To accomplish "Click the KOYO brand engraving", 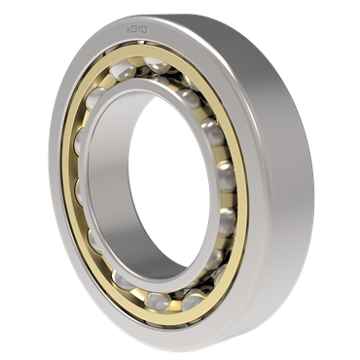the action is click(136, 30).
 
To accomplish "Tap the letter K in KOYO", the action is click(128, 30).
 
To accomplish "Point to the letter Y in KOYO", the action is click(139, 30).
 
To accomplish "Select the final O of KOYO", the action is click(145, 30).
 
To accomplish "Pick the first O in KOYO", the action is click(134, 30).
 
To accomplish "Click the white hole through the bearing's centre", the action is click(168, 182).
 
